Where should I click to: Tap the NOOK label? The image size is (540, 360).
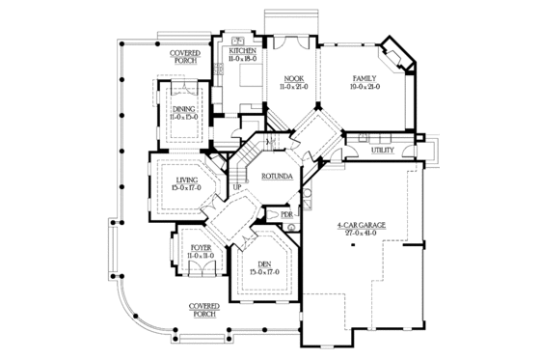click(293, 79)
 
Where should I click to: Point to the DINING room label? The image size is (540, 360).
click(184, 109)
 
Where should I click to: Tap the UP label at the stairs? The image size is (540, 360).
click(236, 187)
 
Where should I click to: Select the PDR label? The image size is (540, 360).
click(286, 213)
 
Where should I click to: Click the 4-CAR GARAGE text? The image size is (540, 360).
click(361, 224)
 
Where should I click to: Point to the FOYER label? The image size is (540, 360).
click(201, 248)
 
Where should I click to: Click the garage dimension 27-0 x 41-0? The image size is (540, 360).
click(361, 233)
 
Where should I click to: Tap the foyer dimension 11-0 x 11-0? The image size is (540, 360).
click(201, 256)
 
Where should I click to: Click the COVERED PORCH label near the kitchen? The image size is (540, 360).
click(184, 56)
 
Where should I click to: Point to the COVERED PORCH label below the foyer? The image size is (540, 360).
click(203, 308)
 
